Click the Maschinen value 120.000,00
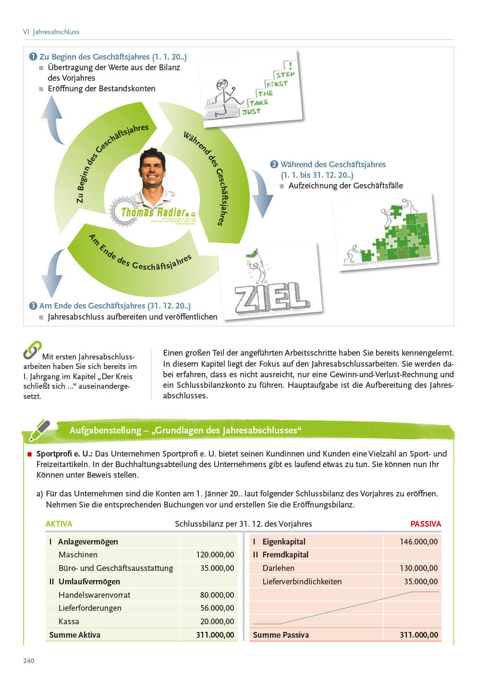(215, 555)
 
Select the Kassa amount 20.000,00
(217, 621)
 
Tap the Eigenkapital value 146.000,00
(418, 542)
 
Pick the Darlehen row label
(278, 568)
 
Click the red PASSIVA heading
(425, 524)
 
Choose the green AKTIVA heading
(59, 524)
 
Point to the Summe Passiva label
(281, 635)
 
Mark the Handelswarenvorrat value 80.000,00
(217, 595)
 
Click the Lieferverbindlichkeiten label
(302, 581)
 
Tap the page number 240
(29, 661)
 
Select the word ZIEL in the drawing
(271, 295)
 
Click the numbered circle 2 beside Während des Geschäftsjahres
(274, 164)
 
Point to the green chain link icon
(32, 350)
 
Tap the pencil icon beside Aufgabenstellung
(39, 431)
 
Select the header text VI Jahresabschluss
(51, 32)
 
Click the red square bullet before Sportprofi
(30, 454)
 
